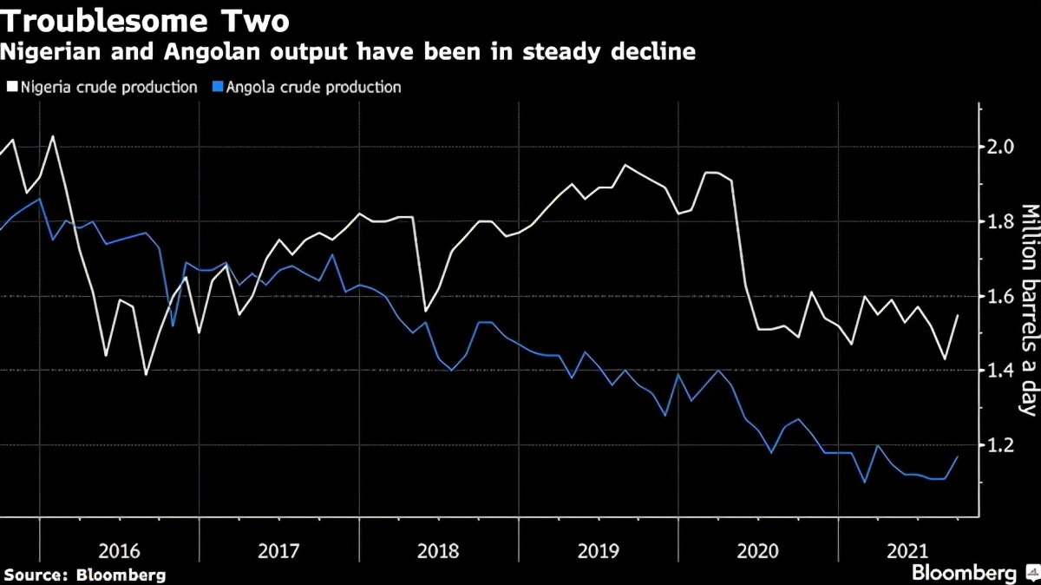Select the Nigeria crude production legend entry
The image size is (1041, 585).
(102, 87)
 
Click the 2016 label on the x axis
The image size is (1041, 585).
(120, 550)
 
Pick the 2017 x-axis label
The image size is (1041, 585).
(279, 550)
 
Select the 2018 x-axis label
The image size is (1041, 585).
(439, 550)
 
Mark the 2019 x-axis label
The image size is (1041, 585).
(599, 550)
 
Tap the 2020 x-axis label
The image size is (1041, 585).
(758, 550)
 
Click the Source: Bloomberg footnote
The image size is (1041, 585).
(84, 575)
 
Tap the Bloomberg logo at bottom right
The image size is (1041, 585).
(964, 573)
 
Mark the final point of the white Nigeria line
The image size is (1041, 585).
(958, 315)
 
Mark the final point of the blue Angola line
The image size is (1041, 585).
(958, 457)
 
